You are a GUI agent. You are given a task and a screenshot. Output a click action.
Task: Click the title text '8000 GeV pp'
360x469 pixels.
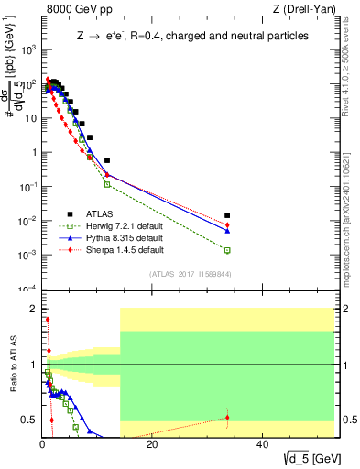(x=74, y=8)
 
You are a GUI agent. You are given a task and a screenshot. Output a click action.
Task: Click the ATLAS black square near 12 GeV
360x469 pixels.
(x=107, y=160)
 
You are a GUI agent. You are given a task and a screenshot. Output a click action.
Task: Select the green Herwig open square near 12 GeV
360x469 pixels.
(x=107, y=184)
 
